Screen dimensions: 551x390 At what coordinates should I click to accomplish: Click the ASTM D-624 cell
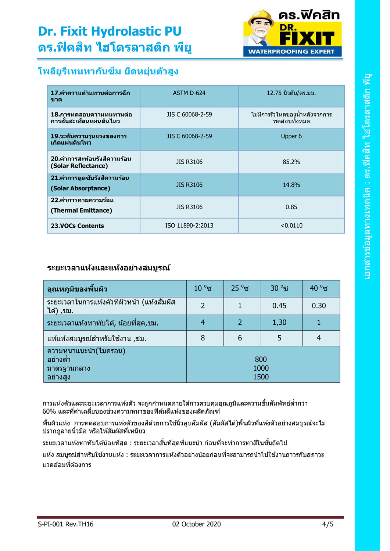(189, 93)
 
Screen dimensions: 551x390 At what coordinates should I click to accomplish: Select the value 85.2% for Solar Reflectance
(291, 162)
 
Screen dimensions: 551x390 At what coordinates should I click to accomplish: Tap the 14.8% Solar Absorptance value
(291, 185)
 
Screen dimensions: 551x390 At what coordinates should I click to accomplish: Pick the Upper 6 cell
(291, 136)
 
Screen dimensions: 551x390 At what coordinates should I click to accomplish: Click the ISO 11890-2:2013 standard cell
(189, 226)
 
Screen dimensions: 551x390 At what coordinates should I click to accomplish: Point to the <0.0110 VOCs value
(291, 226)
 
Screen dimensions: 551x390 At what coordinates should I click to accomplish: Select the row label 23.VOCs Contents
(77, 226)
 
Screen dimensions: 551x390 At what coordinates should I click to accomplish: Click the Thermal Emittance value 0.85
(291, 207)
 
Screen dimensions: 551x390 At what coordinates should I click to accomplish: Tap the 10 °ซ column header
(203, 288)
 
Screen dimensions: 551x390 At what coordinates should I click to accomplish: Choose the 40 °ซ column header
(319, 288)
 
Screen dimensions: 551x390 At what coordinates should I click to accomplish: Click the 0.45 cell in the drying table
(279, 306)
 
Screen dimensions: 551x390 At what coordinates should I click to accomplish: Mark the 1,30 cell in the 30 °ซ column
(279, 323)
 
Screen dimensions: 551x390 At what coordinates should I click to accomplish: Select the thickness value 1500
(261, 377)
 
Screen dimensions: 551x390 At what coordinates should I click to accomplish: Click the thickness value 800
(261, 360)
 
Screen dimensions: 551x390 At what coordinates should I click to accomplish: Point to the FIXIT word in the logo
(307, 38)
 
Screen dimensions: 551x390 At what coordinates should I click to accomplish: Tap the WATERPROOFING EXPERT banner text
(291, 51)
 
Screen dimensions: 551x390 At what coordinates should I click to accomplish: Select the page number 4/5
(328, 524)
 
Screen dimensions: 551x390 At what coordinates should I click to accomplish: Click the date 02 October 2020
(196, 524)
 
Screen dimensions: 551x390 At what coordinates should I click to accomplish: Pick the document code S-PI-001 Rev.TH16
(65, 524)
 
